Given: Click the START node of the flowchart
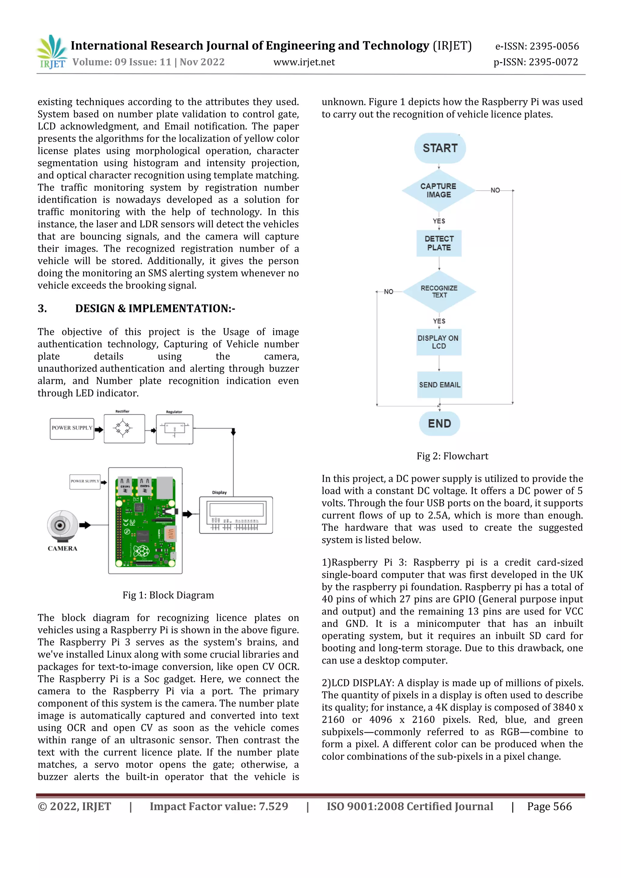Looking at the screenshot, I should coord(440,148).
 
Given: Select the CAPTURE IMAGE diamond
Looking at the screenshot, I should coord(438,190).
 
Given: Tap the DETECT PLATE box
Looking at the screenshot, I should coord(439,243).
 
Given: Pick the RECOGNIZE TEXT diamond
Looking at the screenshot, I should coord(439,291).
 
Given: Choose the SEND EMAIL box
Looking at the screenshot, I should coord(439,385).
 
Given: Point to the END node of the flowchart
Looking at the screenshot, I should coord(439,423).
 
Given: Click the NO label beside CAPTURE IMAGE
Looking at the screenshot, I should coord(495,190).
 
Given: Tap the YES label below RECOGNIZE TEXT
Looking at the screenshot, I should coord(439,321).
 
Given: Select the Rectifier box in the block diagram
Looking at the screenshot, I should coord(124,428).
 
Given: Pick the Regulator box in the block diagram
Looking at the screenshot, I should coord(174,429).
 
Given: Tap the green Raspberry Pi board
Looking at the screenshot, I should coord(145,521).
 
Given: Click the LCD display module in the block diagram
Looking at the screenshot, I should coord(236,515).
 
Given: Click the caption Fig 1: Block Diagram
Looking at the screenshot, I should coord(168,595).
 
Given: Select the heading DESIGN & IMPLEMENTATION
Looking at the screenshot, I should coord(155,308).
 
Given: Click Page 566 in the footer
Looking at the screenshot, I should coord(549,806).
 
